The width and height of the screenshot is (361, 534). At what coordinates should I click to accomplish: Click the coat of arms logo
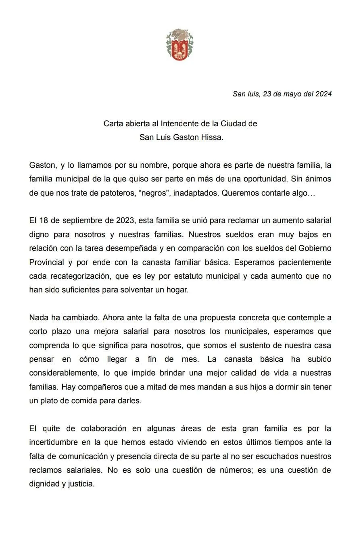[x=180, y=45]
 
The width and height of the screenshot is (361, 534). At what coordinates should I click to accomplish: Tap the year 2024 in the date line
[x=323, y=94]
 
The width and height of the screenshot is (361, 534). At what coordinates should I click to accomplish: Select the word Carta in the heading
[x=113, y=124]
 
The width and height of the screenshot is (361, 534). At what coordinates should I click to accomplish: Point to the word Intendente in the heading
[x=180, y=124]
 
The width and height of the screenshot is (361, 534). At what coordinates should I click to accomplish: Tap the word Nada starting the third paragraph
[x=39, y=317]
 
